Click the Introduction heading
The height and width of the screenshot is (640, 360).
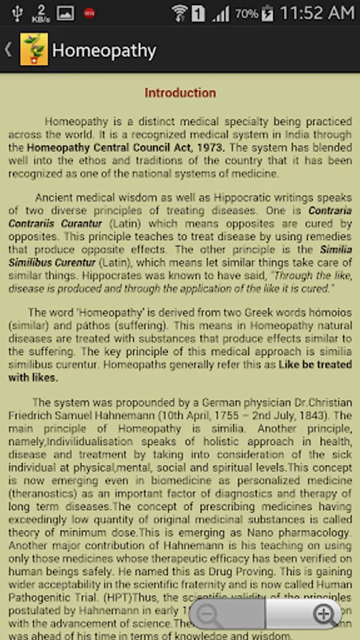pyautogui.click(x=180, y=92)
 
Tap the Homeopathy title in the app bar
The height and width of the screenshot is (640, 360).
pyautogui.click(x=104, y=50)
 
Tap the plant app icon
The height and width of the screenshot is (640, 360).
pyautogui.click(x=34, y=50)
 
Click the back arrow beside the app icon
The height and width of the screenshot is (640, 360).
pyautogui.click(x=9, y=50)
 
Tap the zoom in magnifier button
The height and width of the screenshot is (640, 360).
pyautogui.click(x=324, y=615)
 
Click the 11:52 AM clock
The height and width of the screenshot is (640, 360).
pyautogui.click(x=317, y=13)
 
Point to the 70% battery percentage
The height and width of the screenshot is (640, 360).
pyautogui.click(x=246, y=14)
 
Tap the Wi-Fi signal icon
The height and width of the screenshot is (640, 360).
pyautogui.click(x=179, y=13)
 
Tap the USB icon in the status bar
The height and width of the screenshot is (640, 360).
pyautogui.click(x=18, y=13)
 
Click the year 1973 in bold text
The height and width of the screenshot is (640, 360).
pyautogui.click(x=208, y=148)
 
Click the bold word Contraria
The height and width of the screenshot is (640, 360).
pyautogui.click(x=329, y=210)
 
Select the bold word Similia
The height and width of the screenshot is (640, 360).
pyautogui.click(x=336, y=250)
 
